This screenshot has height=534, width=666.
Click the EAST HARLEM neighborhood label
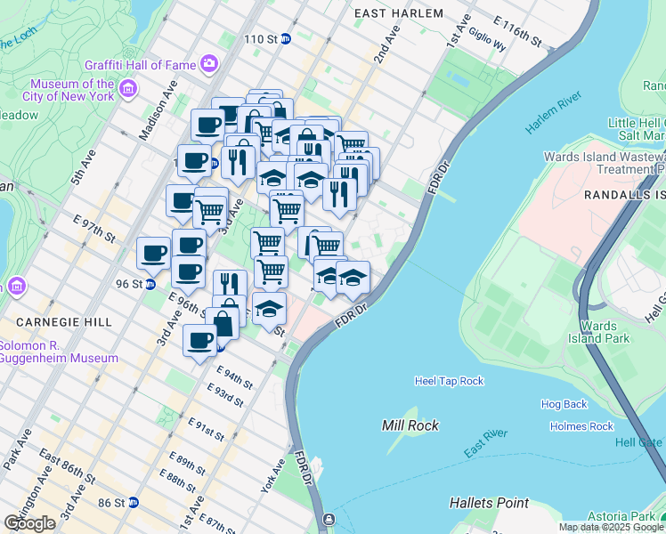pos(398,13)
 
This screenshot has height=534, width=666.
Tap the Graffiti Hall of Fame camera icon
pos(208,63)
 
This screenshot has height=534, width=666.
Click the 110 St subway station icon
pos(286,39)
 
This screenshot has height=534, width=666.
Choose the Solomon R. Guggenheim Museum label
pos(59,352)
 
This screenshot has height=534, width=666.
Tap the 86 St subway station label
pos(113,503)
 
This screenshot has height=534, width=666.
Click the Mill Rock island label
pos(410,425)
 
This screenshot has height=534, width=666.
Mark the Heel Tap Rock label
pos(449,381)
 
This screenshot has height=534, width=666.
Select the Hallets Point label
pos(489,503)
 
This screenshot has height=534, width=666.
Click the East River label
pos(484,442)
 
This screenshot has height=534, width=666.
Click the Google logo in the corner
pos(29,523)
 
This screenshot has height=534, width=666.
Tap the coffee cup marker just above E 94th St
pos(200,340)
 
